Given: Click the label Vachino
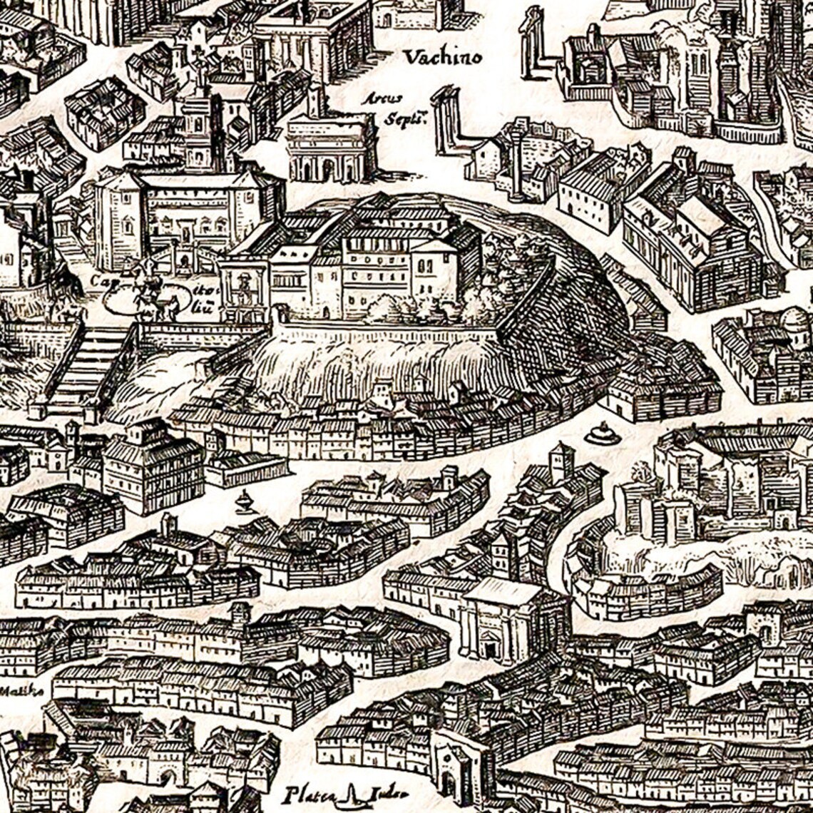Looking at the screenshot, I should click(442, 57).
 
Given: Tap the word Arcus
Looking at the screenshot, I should click(381, 98).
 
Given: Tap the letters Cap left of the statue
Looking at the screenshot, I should click(100, 281).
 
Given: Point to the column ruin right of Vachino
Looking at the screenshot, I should click(531, 43).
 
